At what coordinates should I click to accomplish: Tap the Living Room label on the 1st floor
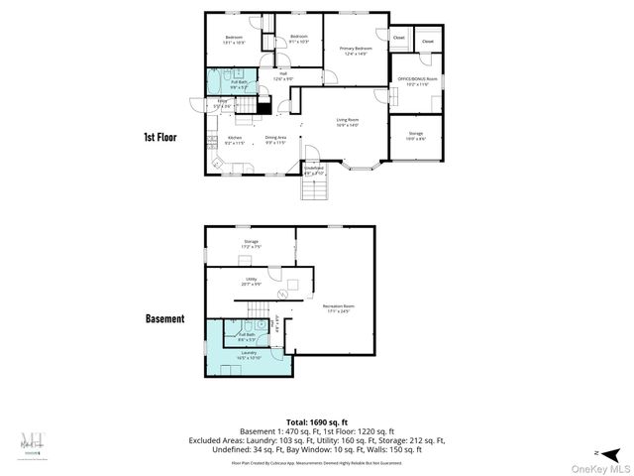348,123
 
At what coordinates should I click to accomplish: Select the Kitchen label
235,140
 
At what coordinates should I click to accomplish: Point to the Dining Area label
275,140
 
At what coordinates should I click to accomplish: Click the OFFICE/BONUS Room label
417,81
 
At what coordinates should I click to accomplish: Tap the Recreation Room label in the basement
338,308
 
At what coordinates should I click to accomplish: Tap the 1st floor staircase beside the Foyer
264,106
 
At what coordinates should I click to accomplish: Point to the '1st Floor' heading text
159,137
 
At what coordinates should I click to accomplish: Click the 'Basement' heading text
164,318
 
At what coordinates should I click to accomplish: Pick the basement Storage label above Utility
252,243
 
